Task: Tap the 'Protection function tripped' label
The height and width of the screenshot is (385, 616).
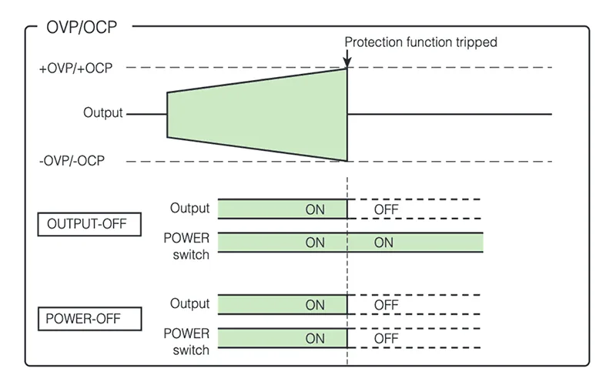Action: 420,42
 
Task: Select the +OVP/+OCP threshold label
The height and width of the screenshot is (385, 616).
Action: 75,68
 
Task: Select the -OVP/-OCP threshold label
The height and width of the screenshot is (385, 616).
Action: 72,161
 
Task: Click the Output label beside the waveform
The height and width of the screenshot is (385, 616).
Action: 103,113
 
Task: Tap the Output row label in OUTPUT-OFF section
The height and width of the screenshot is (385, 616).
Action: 189,209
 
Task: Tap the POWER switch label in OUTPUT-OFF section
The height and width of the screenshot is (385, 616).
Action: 186,246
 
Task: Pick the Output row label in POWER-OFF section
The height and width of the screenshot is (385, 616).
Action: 189,304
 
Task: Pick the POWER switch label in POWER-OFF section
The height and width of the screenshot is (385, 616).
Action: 186,342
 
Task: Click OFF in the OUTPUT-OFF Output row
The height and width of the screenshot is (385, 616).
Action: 386,209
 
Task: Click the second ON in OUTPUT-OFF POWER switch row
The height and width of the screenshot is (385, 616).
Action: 383,243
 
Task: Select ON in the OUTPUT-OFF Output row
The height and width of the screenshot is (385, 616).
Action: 315,209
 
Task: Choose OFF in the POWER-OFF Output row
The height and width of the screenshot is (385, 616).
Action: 386,305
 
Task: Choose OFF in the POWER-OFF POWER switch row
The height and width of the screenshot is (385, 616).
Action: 386,338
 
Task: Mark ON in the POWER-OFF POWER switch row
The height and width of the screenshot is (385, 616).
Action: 315,338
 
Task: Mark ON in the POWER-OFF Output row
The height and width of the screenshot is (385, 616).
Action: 315,305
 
